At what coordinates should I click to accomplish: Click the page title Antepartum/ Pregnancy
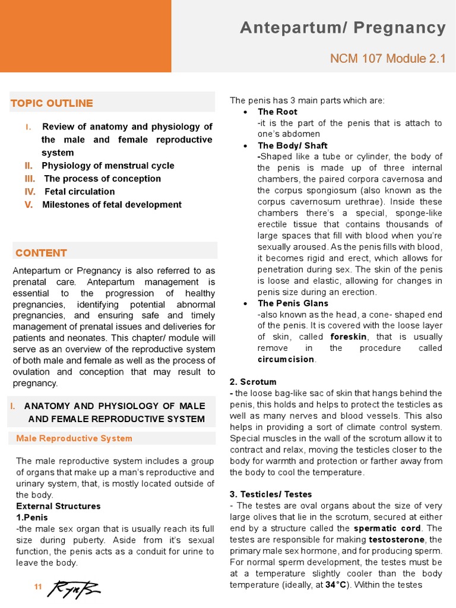[x=343, y=28]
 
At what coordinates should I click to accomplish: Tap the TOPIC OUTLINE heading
[x=52, y=103]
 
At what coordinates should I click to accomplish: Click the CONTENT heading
[x=41, y=253]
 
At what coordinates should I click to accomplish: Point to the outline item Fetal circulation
[x=80, y=192]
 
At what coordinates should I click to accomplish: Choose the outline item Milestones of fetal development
[x=112, y=205]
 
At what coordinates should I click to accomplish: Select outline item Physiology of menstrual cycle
[x=107, y=166]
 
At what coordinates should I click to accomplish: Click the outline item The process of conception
[x=102, y=179]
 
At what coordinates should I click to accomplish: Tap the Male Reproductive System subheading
[x=74, y=438]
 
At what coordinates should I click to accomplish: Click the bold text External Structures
[x=58, y=506]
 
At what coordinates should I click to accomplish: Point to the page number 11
[x=38, y=587]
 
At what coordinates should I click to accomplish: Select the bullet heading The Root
[x=277, y=112]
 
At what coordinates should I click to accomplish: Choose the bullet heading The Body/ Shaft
[x=292, y=145]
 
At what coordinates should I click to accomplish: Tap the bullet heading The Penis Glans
[x=293, y=303]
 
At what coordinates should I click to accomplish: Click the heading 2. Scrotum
[x=253, y=382]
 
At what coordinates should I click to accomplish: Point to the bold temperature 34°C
[x=336, y=585]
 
